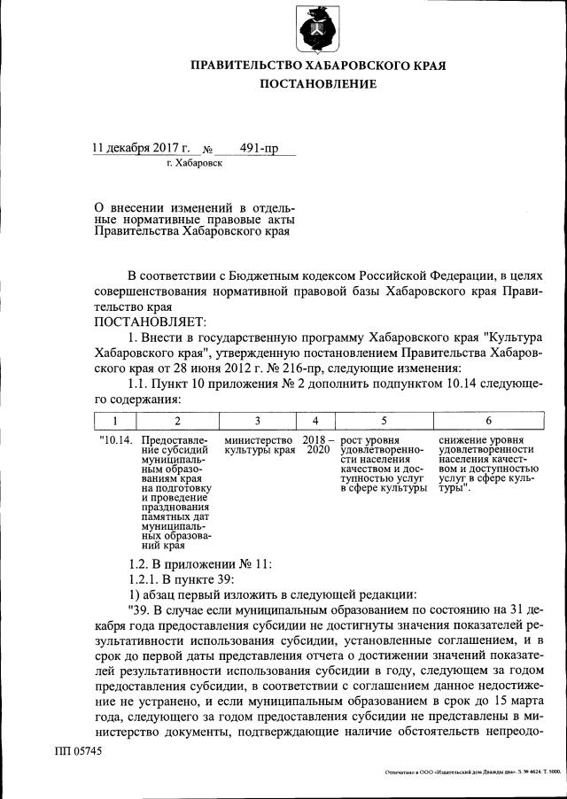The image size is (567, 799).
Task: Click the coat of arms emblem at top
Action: click(318, 28)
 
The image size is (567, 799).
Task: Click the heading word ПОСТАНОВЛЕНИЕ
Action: click(318, 84)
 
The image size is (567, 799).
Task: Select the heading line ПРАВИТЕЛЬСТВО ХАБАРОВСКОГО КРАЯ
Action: click(318, 65)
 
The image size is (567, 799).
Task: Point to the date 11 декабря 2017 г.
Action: click(142, 148)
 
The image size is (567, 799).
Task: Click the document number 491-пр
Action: click(259, 148)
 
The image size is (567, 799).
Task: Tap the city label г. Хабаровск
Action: click(194, 163)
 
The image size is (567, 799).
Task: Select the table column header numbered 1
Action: click(114, 421)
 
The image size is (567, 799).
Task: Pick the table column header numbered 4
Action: click(315, 421)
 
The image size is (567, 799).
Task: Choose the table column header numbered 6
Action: click(488, 421)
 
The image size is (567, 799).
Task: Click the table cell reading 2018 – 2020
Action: click(316, 445)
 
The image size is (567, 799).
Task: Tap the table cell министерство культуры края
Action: click(259, 445)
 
